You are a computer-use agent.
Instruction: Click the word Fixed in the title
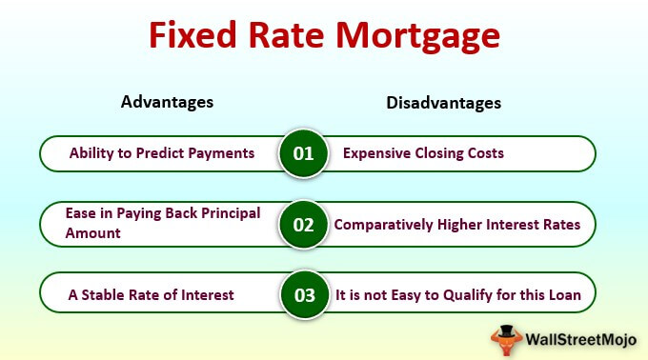[192, 34]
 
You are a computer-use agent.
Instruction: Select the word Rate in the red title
[286, 34]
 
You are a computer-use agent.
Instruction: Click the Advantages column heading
[167, 102]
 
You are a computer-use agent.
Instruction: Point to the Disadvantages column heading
[443, 103]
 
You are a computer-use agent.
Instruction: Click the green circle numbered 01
[303, 153]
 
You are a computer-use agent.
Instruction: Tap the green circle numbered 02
[303, 225]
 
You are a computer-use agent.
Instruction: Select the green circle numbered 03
[305, 295]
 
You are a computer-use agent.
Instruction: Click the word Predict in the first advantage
[160, 153]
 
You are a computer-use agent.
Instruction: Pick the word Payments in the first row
[221, 153]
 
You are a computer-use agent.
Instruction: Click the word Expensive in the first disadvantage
[377, 153]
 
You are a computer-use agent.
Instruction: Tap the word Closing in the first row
[439, 153]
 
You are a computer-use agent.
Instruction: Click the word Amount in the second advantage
[93, 233]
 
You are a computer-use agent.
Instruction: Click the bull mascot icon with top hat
[506, 340]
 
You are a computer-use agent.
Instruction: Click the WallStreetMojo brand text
[580, 340]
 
